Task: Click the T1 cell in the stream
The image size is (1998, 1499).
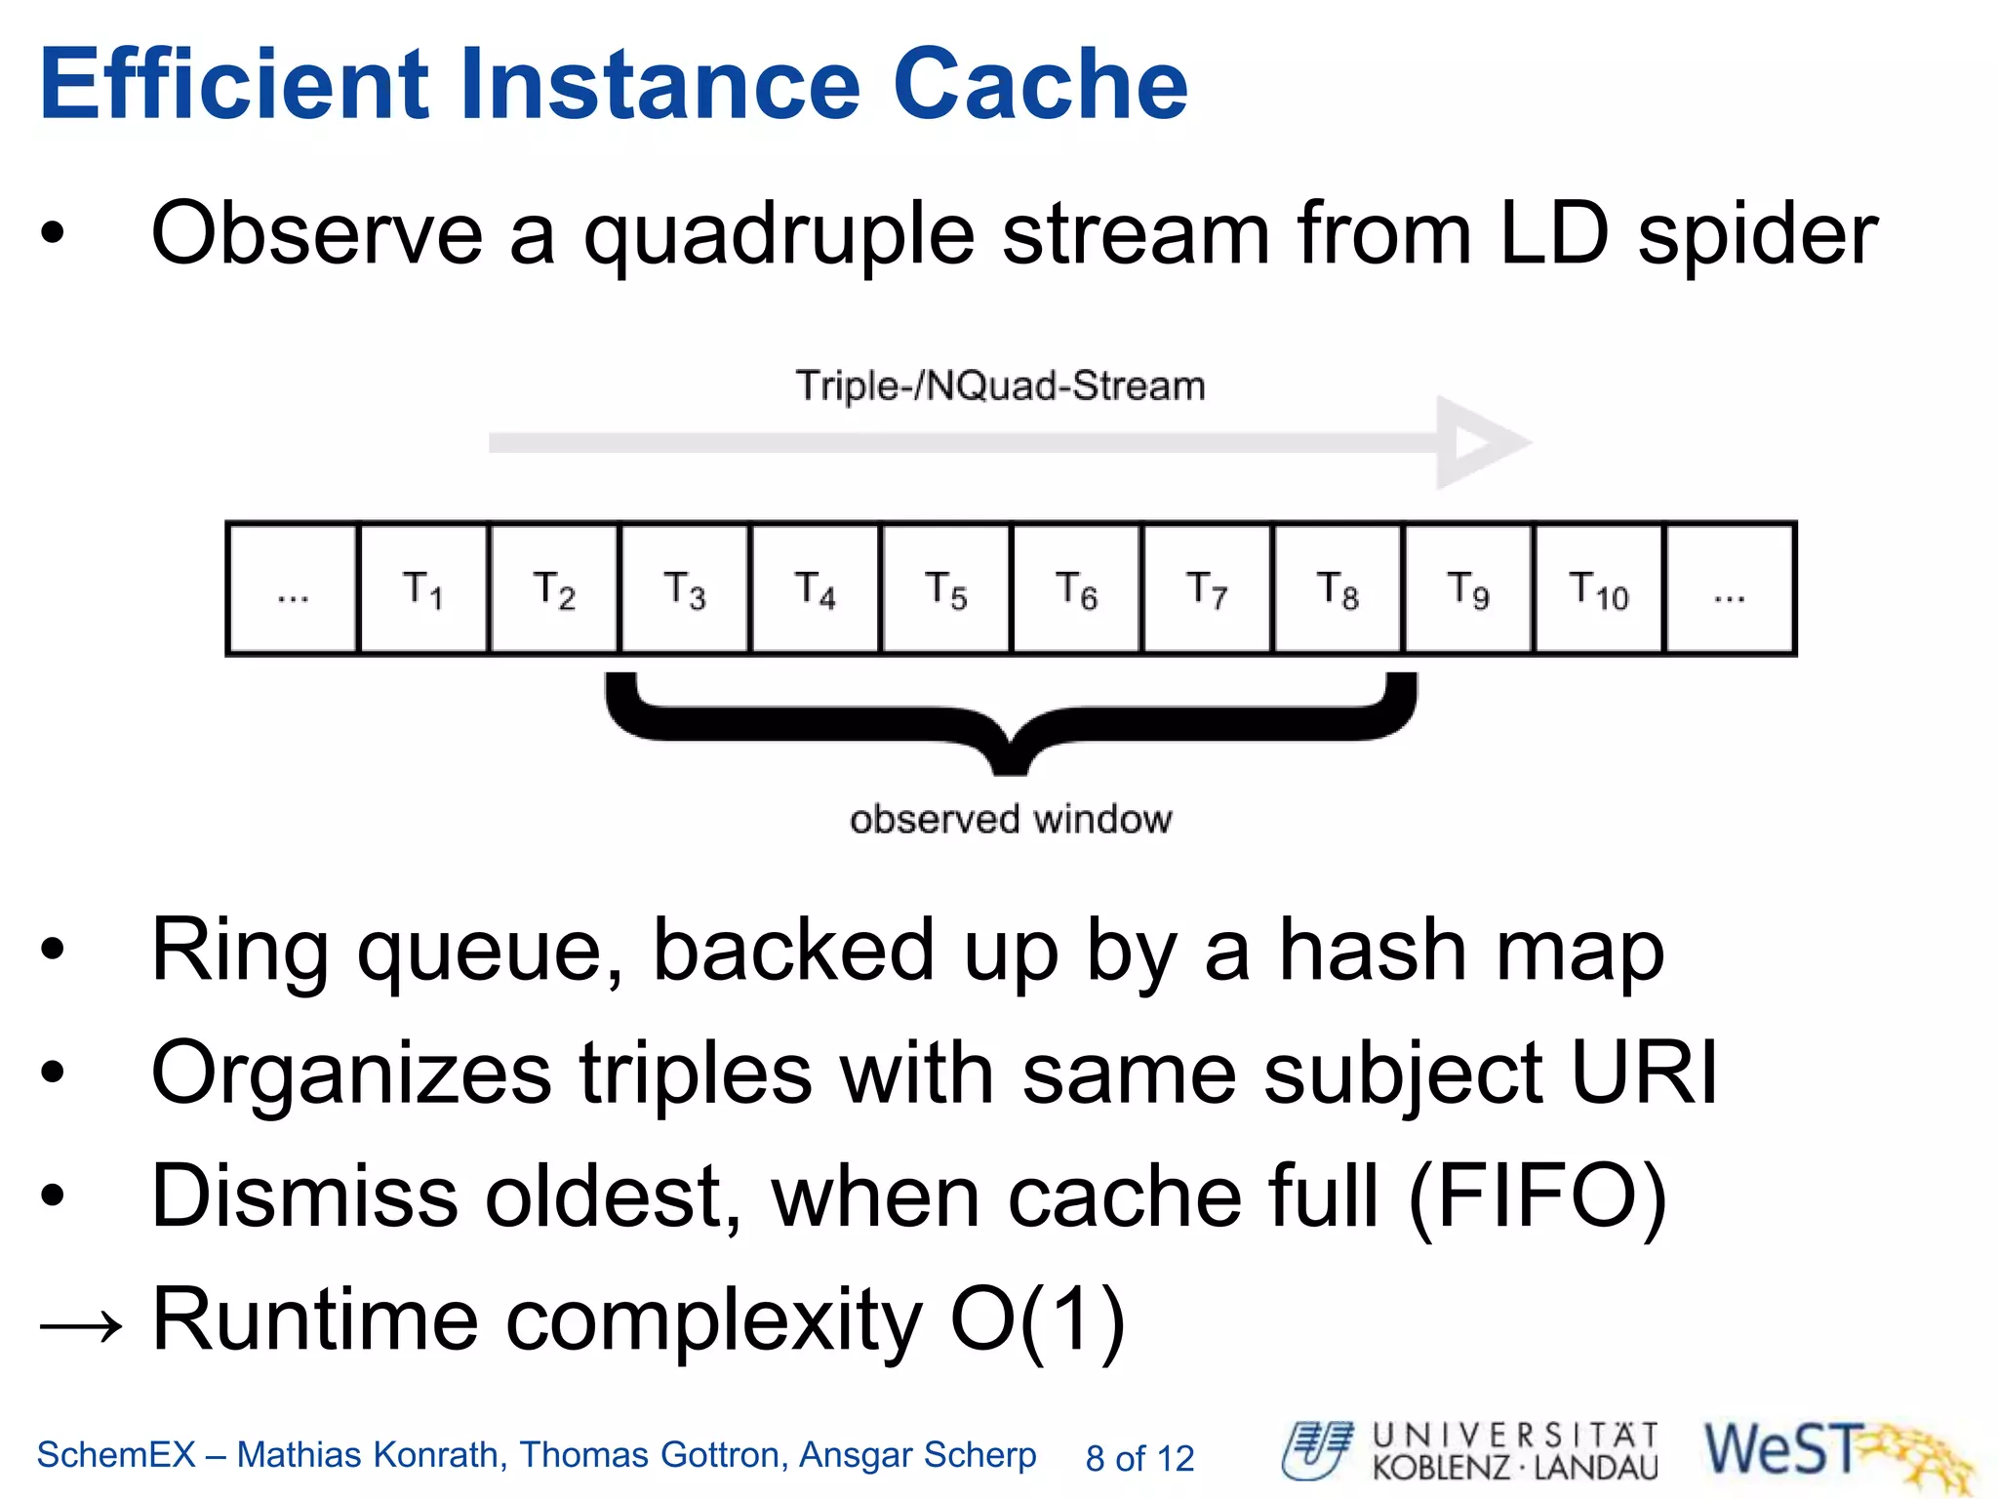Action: (423, 588)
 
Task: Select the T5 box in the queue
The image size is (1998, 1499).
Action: (945, 588)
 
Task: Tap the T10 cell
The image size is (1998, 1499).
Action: (1598, 588)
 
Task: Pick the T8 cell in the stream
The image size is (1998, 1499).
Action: (1338, 588)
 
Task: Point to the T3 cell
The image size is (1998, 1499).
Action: (685, 588)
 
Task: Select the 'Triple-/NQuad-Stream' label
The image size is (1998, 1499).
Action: (1000, 385)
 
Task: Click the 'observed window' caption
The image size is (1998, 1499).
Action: (1011, 819)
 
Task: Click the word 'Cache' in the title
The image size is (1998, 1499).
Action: (1040, 85)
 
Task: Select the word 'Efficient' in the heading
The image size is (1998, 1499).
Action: (234, 85)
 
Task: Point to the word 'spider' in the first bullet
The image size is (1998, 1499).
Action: (1757, 234)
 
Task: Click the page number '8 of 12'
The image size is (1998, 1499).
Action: (1139, 1458)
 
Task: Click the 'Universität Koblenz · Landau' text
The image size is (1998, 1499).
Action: (1514, 1452)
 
